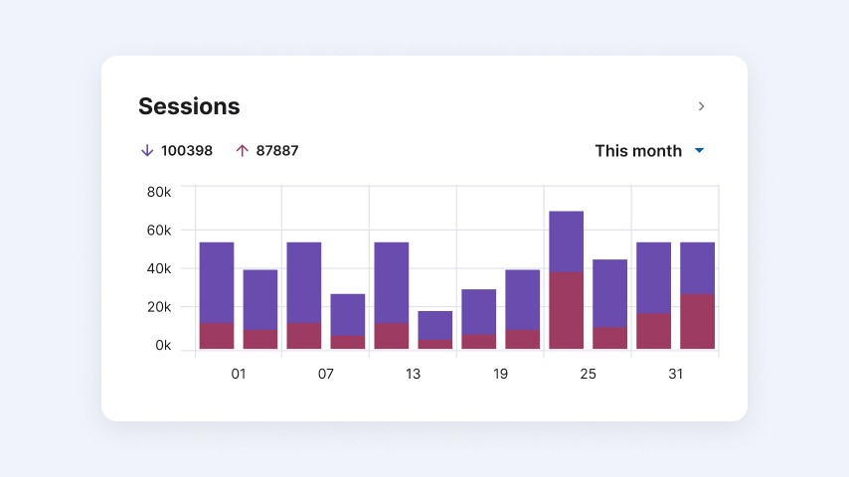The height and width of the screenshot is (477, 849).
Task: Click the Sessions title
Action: pos(189,106)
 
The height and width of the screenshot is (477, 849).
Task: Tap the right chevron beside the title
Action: pos(701,106)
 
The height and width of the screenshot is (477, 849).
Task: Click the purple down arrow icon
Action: pos(147,151)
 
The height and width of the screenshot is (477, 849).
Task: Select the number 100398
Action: pos(187,151)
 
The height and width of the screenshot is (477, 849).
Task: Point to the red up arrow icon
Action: pos(242,151)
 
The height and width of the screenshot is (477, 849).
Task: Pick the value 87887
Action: pos(277,151)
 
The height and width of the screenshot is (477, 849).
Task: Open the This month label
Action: pos(638,151)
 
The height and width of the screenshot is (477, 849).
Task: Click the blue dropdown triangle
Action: pos(699,151)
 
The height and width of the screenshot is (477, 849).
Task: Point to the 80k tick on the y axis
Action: pos(159,192)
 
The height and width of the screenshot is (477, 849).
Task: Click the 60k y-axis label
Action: pos(159,231)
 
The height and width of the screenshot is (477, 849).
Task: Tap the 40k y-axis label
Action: pos(159,269)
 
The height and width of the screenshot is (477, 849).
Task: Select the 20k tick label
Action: pos(159,307)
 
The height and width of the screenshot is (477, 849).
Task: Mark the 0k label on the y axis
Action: pos(163,346)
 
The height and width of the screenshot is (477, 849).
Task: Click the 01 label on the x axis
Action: pos(239,374)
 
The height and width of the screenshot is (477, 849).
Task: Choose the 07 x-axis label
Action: pos(326,374)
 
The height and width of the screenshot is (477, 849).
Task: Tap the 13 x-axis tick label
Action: pos(414,374)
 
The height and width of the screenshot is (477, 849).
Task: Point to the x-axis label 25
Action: pos(588,374)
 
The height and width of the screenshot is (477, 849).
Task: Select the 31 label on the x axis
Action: pos(675,374)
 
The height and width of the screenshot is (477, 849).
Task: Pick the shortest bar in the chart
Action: pos(434,330)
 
